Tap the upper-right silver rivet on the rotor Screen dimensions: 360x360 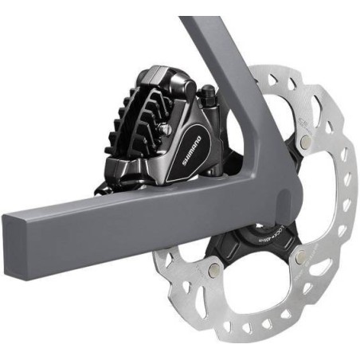(306, 141)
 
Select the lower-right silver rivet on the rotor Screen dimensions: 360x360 (299, 256)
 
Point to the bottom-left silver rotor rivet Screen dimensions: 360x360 (213, 271)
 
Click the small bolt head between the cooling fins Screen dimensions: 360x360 (166, 127)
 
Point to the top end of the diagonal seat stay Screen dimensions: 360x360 (195, 24)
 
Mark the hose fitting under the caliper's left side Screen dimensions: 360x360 (104, 190)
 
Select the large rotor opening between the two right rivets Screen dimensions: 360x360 (327, 199)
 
